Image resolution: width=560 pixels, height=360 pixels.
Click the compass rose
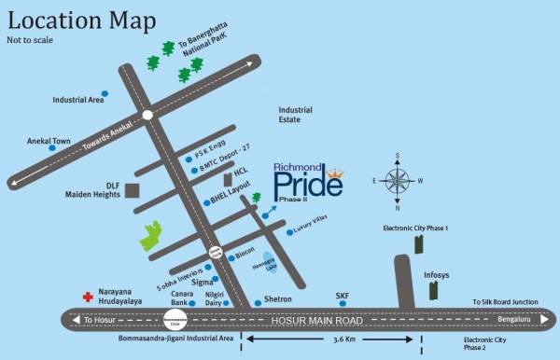tap(399, 180)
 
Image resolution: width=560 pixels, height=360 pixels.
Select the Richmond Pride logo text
tap(308, 183)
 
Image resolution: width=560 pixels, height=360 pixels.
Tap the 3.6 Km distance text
tap(344, 340)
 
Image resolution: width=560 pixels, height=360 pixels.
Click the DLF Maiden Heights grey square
tap(133, 190)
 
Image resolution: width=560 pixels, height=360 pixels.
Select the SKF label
tap(343, 296)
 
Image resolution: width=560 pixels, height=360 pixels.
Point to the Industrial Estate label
tap(300, 115)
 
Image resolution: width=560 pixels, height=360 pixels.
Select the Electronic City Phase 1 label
tap(416, 228)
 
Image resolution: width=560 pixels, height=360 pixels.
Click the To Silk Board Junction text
tap(505, 302)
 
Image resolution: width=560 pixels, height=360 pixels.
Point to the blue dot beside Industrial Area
tap(105, 93)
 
